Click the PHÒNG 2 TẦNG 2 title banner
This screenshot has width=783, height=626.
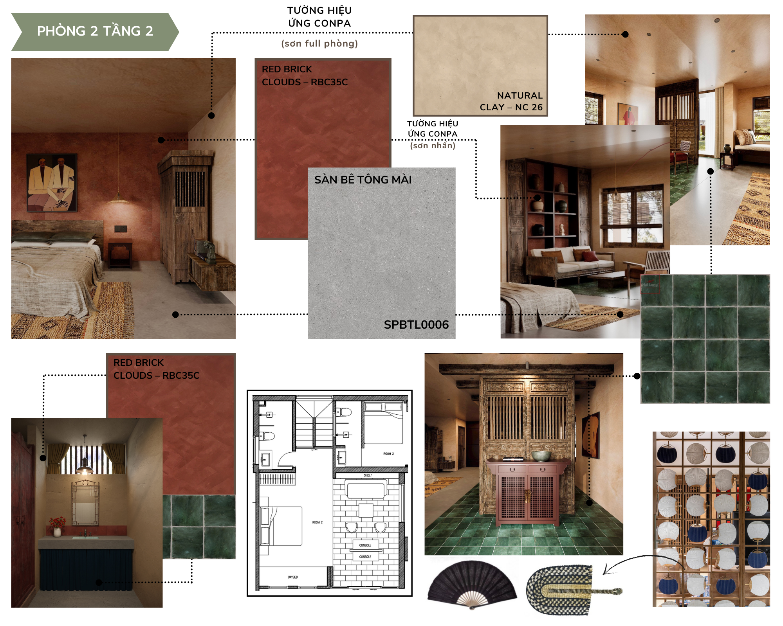tap(95, 31)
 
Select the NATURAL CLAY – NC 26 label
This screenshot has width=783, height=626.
tap(511, 101)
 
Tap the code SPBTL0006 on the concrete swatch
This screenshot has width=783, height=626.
tap(416, 324)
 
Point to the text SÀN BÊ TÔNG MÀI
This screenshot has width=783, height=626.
tap(363, 180)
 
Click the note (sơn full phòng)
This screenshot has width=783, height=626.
tap(319, 43)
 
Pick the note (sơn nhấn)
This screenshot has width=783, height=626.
tap(433, 146)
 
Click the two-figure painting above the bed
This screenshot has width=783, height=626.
tap(52, 182)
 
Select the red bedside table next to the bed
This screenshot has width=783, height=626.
tap(120, 252)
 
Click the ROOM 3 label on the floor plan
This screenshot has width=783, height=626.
tap(388, 453)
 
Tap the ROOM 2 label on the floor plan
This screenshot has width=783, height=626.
tap(317, 522)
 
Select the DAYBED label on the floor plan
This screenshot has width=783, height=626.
tap(293, 577)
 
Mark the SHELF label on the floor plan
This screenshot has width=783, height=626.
tap(368, 475)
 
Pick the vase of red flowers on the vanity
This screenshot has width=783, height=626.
tap(57, 526)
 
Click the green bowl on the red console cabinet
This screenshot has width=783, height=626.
tap(541, 456)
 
